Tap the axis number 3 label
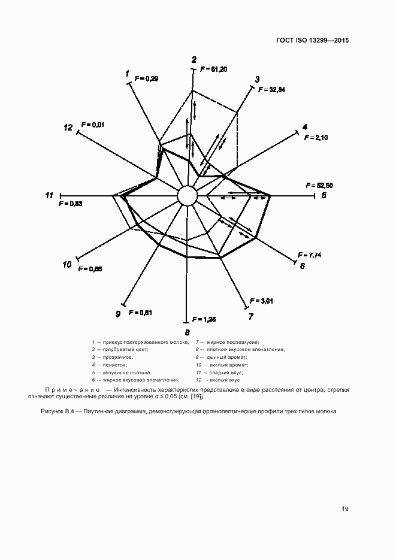tap(257, 79)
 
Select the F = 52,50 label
tap(319, 185)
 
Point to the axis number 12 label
tap(68, 128)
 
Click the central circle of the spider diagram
tap(187, 195)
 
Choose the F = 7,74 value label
tap(309, 255)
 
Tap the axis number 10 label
tap(67, 264)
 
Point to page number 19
tap(345, 509)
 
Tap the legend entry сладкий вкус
tap(225, 372)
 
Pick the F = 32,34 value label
tap(273, 90)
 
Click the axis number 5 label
tap(323, 195)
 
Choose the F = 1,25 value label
tap(204, 319)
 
